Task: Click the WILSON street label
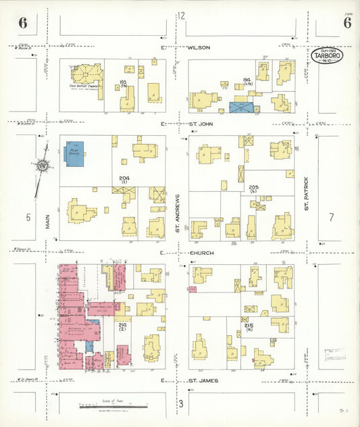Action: [x=199, y=48]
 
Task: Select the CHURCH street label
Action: [x=201, y=253]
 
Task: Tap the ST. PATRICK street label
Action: [x=306, y=194]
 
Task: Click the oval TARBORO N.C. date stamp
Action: [x=326, y=55]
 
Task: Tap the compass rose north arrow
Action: [x=43, y=165]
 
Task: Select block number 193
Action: [x=123, y=83]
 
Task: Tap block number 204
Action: [x=124, y=179]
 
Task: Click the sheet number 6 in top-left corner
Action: [x=23, y=22]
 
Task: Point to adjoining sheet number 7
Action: [x=332, y=217]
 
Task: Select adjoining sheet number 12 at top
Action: [x=181, y=16]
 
